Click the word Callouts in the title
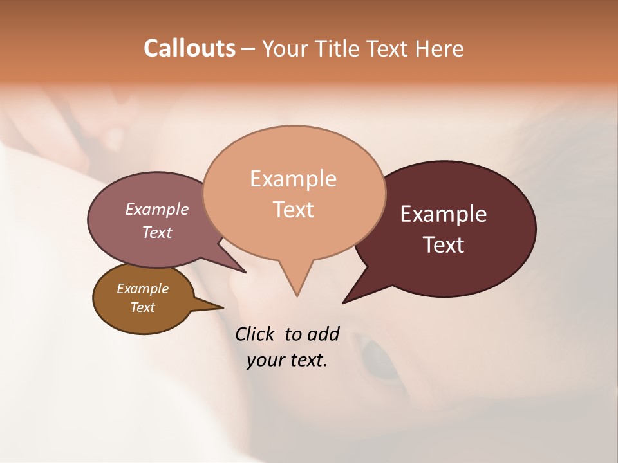coord(189,48)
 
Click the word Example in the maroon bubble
coord(444,214)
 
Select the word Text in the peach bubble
coord(294,210)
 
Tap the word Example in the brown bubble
coord(142,289)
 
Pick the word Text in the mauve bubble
coord(156,232)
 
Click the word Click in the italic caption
coord(255,334)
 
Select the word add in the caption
coord(323,334)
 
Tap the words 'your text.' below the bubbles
coord(287,360)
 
